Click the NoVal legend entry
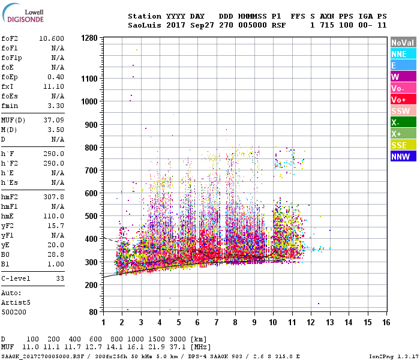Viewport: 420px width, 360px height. click(x=403, y=43)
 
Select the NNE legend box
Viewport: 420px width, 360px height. click(x=403, y=54)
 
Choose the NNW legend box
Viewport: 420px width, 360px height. click(x=403, y=157)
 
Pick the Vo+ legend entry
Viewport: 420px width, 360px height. click(x=403, y=100)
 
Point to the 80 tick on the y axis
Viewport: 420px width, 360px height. click(x=93, y=312)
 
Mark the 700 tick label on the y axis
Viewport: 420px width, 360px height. click(x=91, y=170)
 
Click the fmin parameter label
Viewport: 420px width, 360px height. click(x=11, y=106)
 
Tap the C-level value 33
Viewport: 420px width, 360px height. click(x=59, y=278)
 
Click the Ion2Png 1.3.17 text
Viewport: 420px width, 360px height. click(x=394, y=356)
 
